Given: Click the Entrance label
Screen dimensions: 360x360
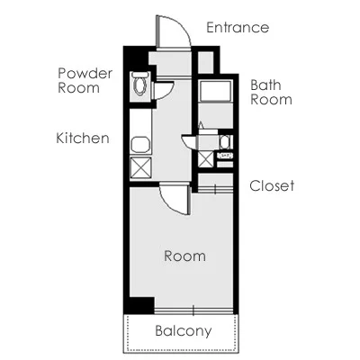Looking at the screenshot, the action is tap(238, 28).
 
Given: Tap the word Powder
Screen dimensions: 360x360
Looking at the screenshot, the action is tap(85, 73).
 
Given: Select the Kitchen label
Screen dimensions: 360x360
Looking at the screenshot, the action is tap(83, 139).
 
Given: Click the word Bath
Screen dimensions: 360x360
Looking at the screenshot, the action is tap(265, 85).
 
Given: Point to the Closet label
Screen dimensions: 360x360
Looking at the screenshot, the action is tap(272, 185).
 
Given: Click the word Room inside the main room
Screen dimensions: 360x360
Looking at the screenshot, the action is tap(184, 256).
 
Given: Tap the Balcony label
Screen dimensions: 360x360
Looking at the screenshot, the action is tap(184, 331).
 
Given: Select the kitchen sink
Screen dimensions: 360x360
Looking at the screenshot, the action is tap(140, 145).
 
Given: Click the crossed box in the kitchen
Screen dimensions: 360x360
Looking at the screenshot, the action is tap(140, 167).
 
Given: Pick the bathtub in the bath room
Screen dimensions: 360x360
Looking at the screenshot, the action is tap(215, 91).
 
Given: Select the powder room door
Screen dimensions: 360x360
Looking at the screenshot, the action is tap(164, 90).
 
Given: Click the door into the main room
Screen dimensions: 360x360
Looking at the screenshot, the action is tap(175, 199).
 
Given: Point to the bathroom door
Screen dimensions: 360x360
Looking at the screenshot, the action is tap(189, 142).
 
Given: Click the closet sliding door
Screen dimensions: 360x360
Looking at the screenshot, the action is tap(215, 190).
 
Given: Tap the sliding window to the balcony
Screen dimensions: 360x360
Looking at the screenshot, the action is tap(193, 310).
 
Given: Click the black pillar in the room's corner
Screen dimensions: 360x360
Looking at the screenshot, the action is tap(141, 305).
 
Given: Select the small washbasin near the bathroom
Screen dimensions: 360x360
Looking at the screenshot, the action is tap(225, 142).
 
